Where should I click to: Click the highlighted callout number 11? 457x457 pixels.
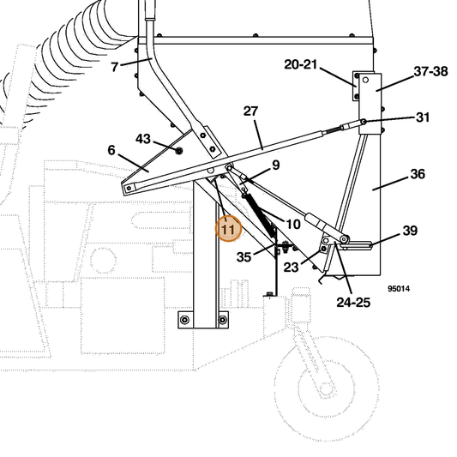(x=228, y=230)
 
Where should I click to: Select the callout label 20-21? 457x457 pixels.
(x=300, y=64)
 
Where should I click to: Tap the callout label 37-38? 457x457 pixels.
(x=430, y=71)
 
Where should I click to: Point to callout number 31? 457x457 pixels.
(x=423, y=117)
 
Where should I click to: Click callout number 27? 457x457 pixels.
(x=251, y=111)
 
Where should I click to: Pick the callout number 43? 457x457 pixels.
(x=143, y=139)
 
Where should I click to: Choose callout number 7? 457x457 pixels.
(x=115, y=67)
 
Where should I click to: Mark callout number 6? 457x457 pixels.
(x=111, y=150)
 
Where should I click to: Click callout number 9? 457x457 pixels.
(x=276, y=165)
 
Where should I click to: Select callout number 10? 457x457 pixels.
(x=293, y=224)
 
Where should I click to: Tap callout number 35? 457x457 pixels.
(x=244, y=256)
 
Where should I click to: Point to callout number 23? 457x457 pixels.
(x=292, y=267)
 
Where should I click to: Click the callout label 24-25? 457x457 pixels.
(x=353, y=303)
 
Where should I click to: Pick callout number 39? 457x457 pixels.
(x=410, y=231)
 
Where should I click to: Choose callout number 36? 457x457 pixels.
(x=418, y=174)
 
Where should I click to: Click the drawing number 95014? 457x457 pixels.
(x=399, y=289)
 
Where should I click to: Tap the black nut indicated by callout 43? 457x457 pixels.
(x=178, y=150)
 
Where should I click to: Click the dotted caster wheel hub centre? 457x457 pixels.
(x=325, y=388)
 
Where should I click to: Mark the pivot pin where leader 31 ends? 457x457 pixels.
(x=364, y=121)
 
